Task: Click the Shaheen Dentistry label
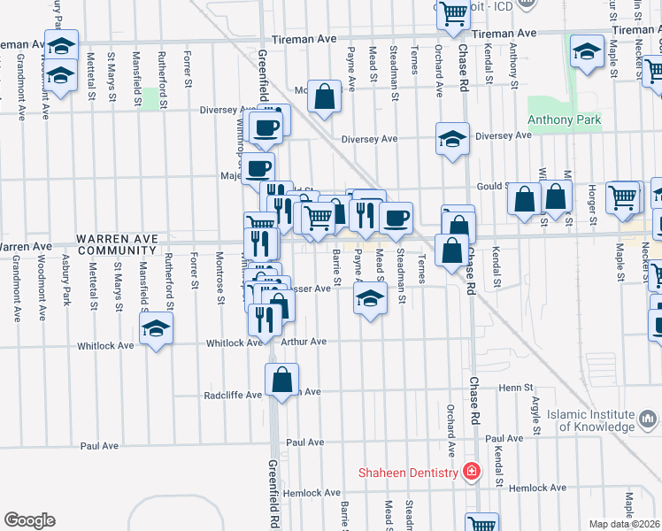click(x=408, y=472)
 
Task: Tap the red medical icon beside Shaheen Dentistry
click(x=471, y=471)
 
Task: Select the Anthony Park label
click(x=564, y=120)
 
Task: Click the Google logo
click(x=29, y=519)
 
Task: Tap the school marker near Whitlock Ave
click(x=156, y=330)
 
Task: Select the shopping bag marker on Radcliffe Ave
click(x=281, y=381)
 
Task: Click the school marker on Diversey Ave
click(x=452, y=139)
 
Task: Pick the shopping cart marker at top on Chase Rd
click(x=454, y=13)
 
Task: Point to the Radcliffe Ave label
click(x=233, y=395)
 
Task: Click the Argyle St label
click(x=536, y=417)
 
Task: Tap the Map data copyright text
click(x=624, y=524)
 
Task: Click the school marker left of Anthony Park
click(x=588, y=51)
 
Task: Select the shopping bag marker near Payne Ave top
click(x=325, y=96)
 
